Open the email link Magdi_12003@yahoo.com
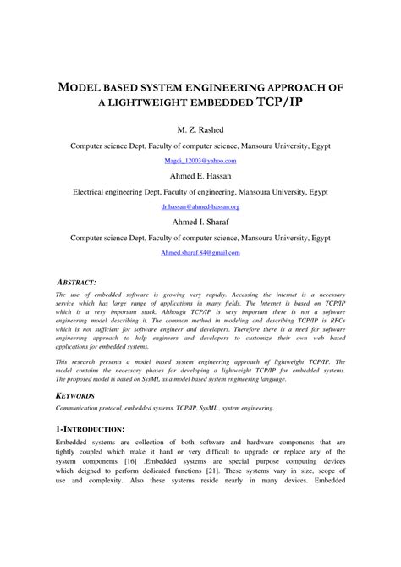pyautogui.click(x=200, y=160)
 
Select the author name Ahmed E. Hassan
pyautogui.click(x=200, y=176)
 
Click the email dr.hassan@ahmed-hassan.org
pyautogui.click(x=200, y=206)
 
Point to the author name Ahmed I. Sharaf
pyautogui.click(x=200, y=222)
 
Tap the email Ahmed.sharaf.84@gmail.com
pyautogui.click(x=200, y=252)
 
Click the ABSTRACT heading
pyautogui.click(x=75, y=280)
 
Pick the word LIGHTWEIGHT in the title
pyautogui.click(x=157, y=102)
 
